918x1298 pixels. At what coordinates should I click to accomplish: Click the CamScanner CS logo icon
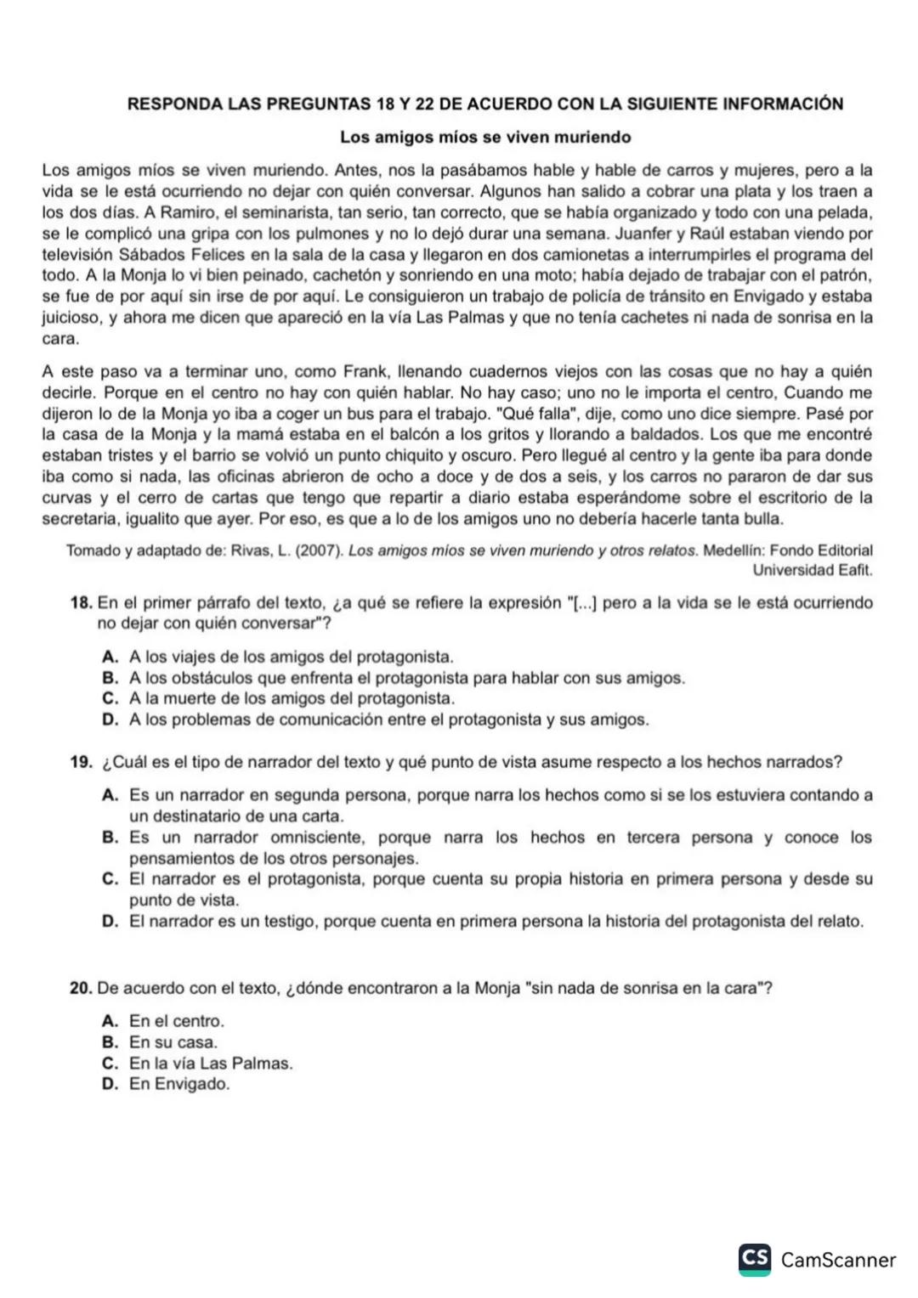pyautogui.click(x=754, y=1259)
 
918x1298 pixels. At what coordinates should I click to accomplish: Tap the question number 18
pyautogui.click(x=81, y=603)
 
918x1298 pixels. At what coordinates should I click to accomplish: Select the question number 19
pyautogui.click(x=81, y=762)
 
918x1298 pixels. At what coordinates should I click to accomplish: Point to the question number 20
pyautogui.click(x=81, y=988)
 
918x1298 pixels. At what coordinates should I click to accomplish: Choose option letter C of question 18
pyautogui.click(x=110, y=698)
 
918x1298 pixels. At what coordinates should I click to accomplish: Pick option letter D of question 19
pyautogui.click(x=110, y=921)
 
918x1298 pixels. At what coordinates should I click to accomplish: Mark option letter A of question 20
pyautogui.click(x=110, y=1021)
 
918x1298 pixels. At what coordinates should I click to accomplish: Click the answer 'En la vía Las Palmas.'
pyautogui.click(x=211, y=1063)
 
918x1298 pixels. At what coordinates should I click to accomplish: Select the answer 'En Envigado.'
pyautogui.click(x=179, y=1084)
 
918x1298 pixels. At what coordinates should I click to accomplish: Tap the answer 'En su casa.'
pyautogui.click(x=173, y=1042)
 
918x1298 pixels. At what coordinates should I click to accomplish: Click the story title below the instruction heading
pyautogui.click(x=485, y=137)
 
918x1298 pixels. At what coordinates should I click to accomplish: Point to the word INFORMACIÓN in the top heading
pyautogui.click(x=783, y=104)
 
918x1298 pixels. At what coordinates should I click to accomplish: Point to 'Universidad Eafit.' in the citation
pyautogui.click(x=813, y=570)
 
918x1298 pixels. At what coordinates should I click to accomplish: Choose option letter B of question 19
pyautogui.click(x=110, y=838)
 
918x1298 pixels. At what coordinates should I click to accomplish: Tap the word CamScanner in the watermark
pyautogui.click(x=838, y=1260)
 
